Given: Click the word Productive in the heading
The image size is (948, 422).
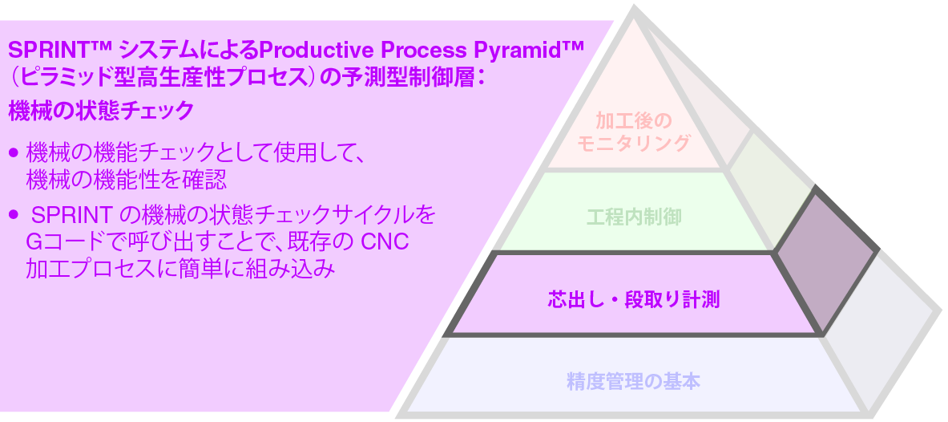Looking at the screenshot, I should click(309, 50).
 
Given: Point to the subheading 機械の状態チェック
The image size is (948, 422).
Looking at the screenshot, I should click(101, 111).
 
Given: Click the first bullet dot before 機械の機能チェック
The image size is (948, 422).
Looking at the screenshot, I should click(14, 152).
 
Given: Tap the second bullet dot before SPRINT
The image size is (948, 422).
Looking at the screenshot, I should click(14, 216).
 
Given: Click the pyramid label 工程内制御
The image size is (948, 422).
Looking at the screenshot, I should click(634, 217).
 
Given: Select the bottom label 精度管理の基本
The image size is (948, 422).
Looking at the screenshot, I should click(633, 381).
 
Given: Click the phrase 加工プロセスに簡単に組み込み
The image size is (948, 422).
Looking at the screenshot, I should click(180, 269).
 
